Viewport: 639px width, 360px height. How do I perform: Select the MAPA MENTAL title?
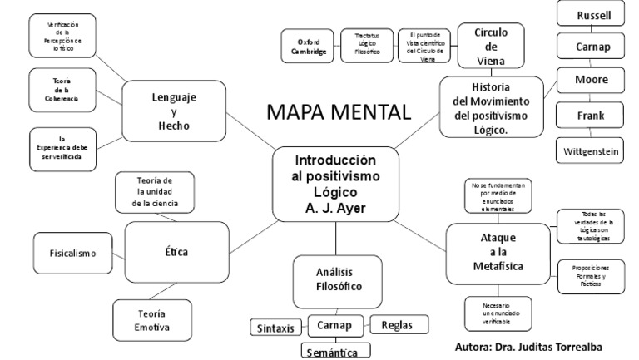click(x=339, y=112)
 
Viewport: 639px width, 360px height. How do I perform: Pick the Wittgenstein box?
click(x=590, y=151)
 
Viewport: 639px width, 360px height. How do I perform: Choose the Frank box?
click(x=590, y=116)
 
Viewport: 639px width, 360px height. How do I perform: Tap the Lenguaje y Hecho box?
click(x=174, y=111)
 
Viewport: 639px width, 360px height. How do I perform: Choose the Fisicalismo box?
click(x=71, y=252)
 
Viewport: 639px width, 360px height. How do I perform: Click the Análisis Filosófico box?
click(x=337, y=279)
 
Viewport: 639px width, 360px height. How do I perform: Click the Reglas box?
click(x=398, y=325)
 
